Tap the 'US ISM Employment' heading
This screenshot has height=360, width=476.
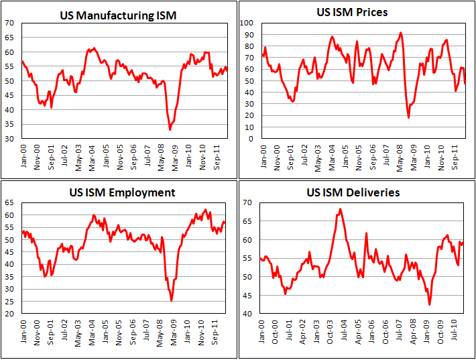point(122,192)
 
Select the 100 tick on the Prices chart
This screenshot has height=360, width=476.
point(247,23)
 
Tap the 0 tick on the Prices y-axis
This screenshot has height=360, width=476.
point(250,139)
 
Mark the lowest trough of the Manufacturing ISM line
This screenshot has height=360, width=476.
point(170,129)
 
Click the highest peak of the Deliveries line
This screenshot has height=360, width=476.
point(340,208)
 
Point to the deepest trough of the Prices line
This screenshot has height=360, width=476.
point(409,118)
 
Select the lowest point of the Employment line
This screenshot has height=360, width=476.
point(171,300)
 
